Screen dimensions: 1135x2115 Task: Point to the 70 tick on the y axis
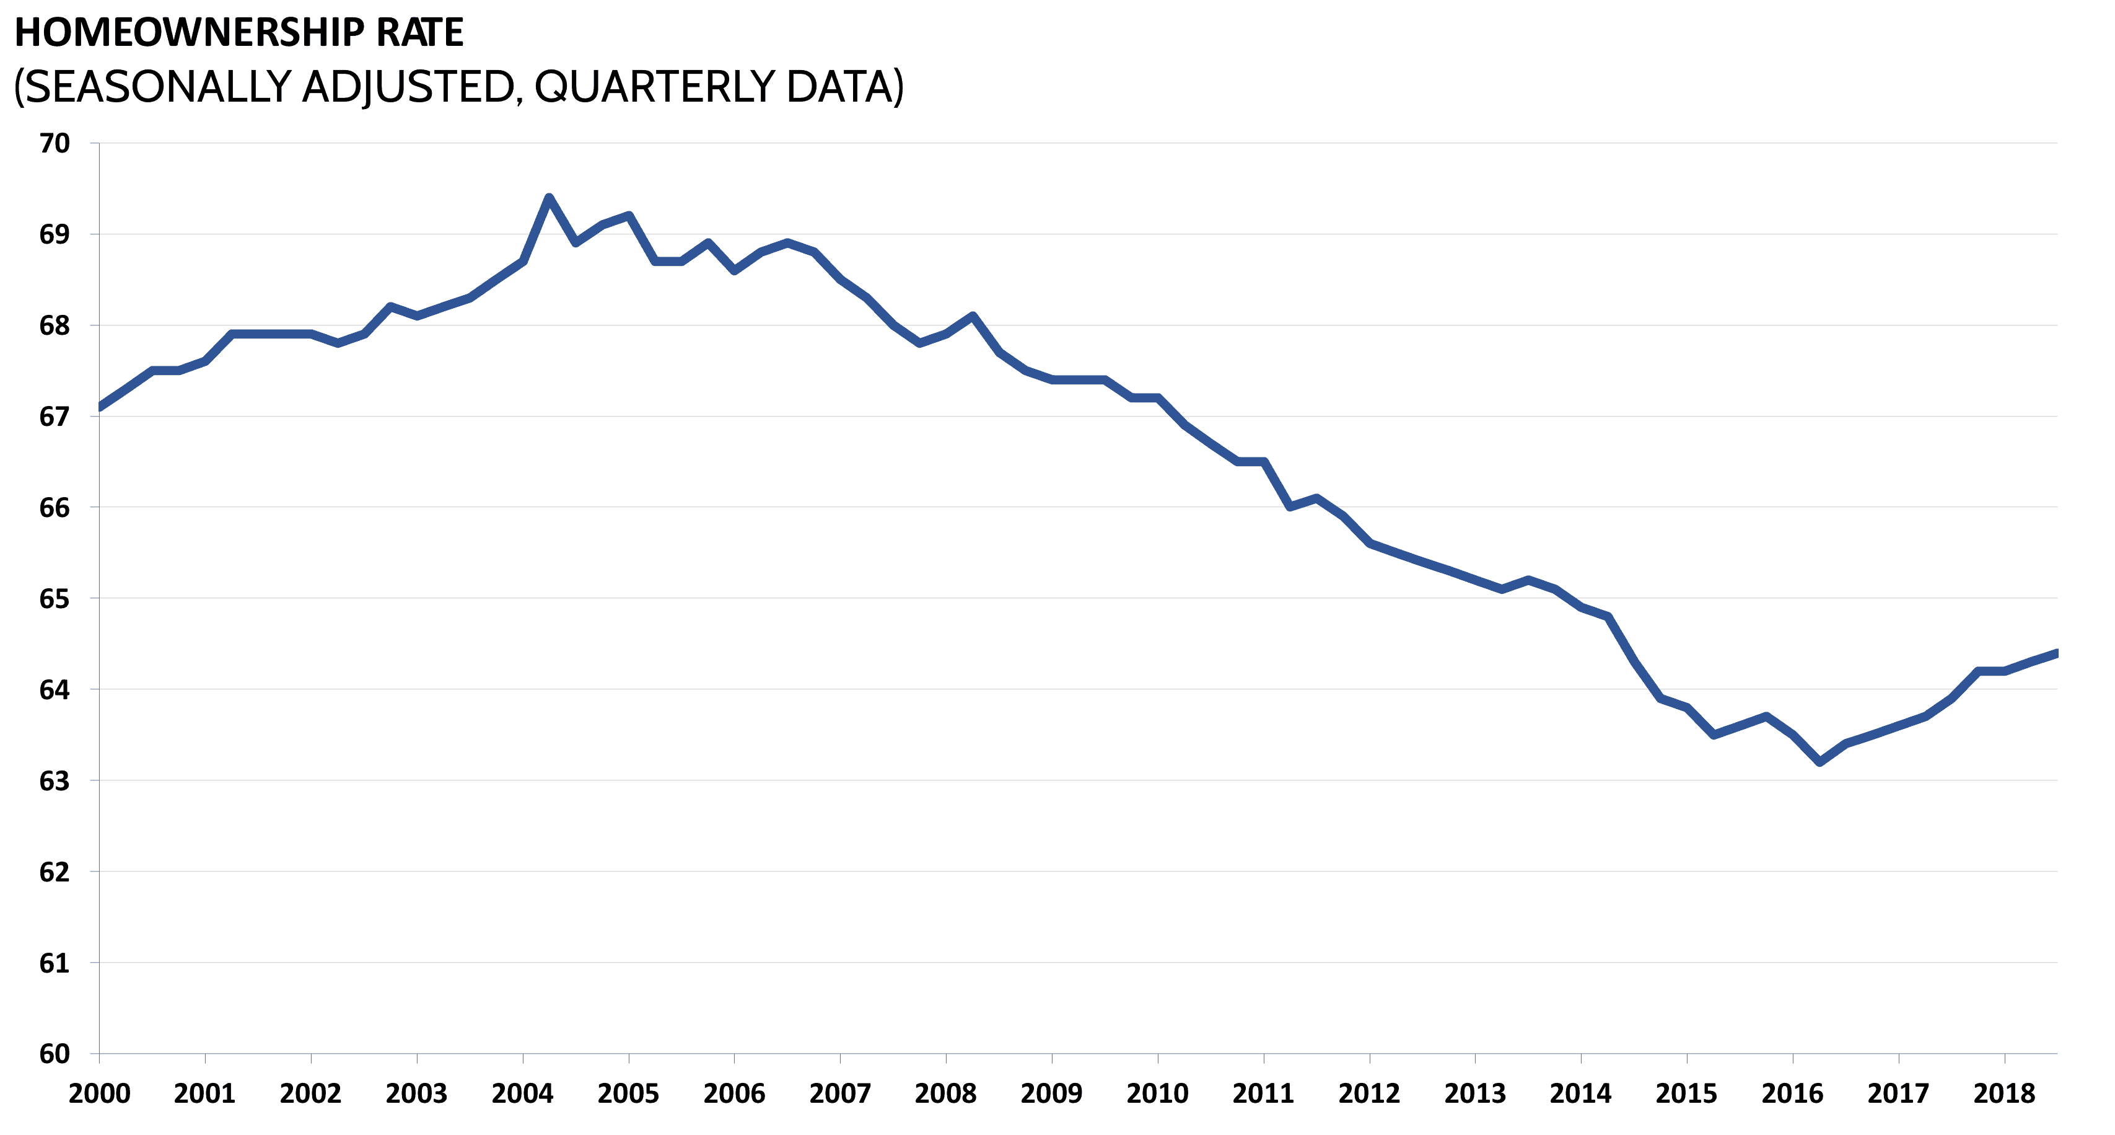(x=54, y=143)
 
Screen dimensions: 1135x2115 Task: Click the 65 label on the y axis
(x=54, y=599)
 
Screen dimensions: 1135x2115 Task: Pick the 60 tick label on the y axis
(x=54, y=1054)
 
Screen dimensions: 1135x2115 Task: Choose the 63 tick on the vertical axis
(x=54, y=781)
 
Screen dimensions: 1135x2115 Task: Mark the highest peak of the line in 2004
(x=548, y=197)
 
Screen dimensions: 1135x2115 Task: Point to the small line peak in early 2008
(x=972, y=316)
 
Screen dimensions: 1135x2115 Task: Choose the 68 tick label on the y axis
(x=54, y=325)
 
